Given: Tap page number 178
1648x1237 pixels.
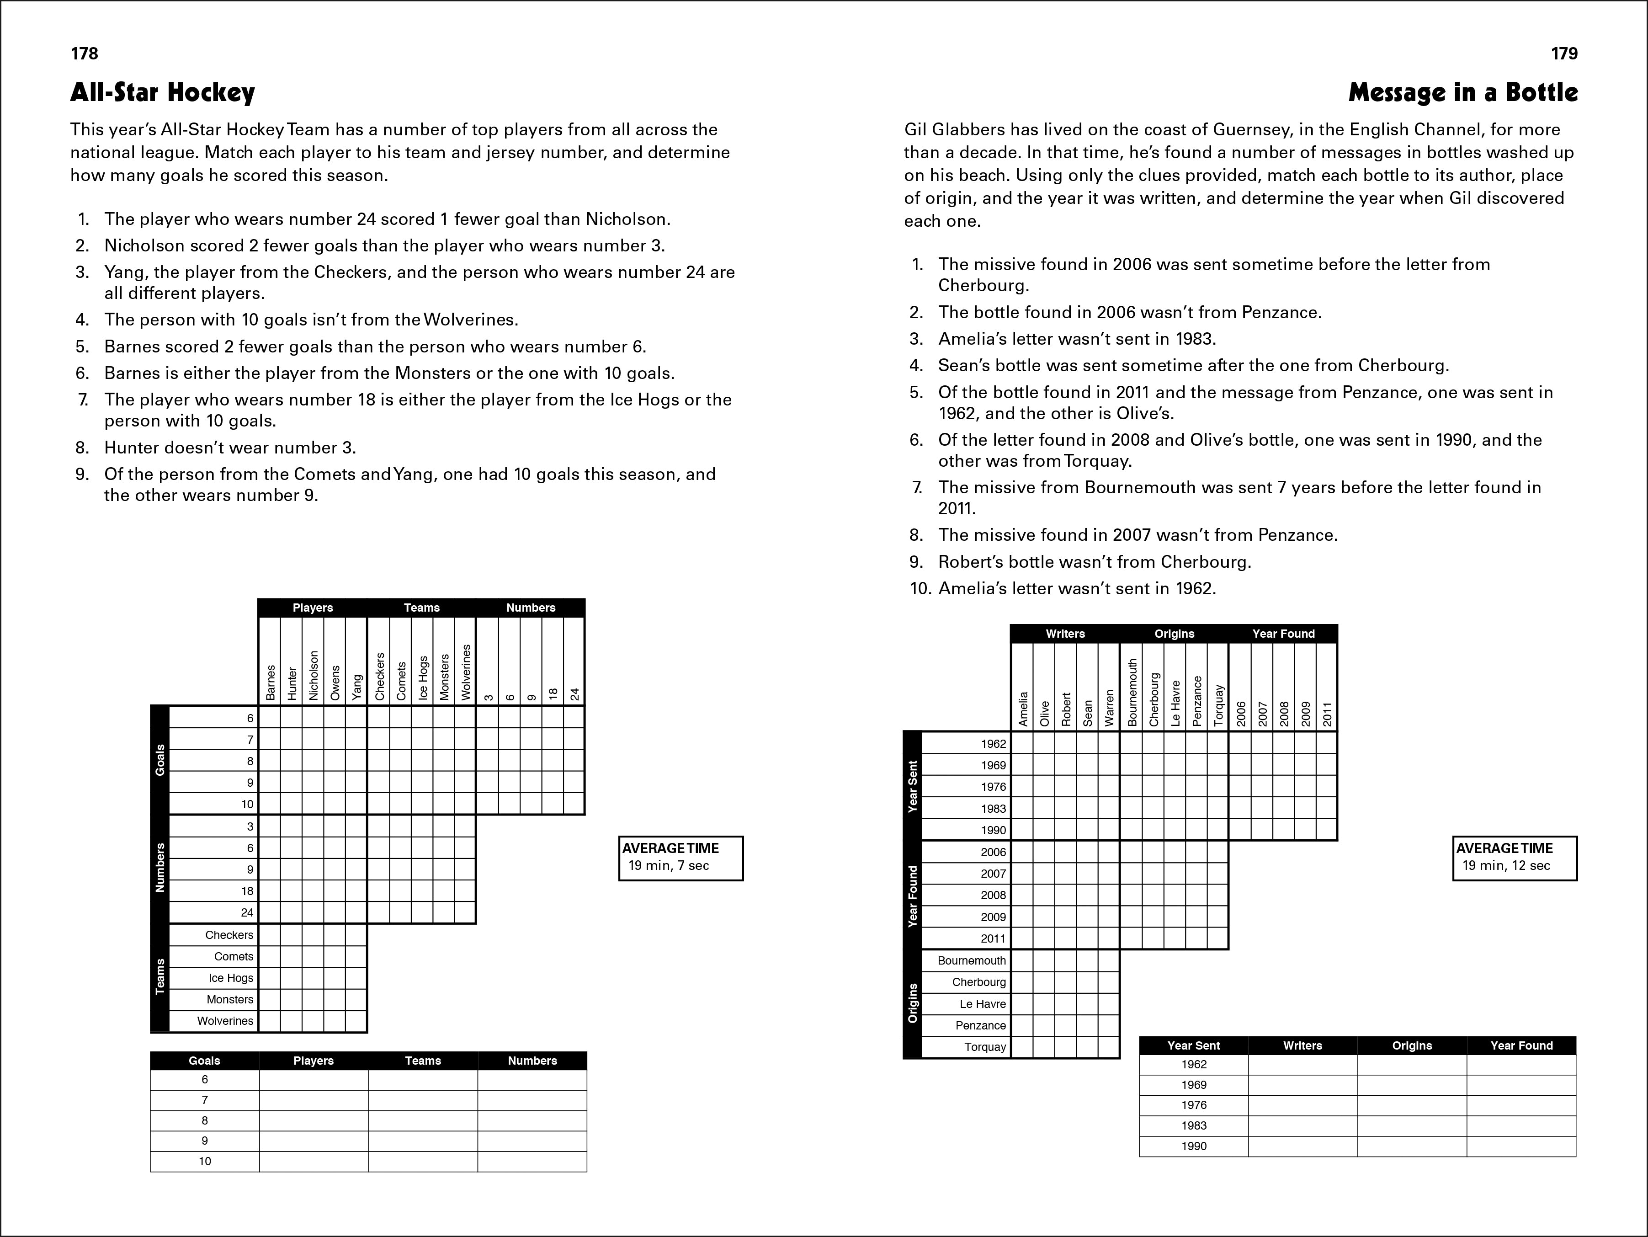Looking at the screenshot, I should pos(84,53).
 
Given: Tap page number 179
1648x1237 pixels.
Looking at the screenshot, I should pos(1564,53).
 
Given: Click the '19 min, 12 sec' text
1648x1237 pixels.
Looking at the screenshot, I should pos(1506,866).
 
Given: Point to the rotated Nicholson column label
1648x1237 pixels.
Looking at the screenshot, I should pos(314,675).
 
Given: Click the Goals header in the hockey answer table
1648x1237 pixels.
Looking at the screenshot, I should pos(204,1061).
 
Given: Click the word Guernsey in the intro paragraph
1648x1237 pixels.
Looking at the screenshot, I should pos(1250,130).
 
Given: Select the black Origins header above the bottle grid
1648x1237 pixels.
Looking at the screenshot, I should pos(1174,634).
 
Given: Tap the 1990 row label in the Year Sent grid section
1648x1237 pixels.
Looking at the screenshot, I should pos(993,830).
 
